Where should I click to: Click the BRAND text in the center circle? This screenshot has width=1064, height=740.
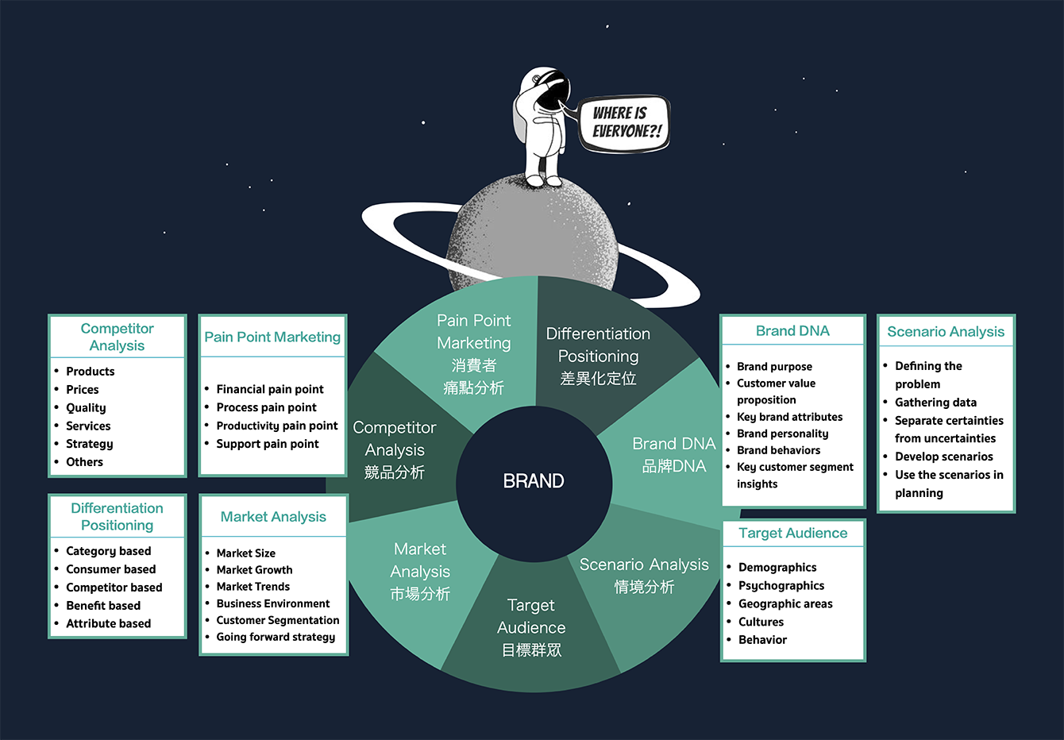[534, 481]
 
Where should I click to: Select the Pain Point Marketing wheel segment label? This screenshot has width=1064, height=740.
[474, 353]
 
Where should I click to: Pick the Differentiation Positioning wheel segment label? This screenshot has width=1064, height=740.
[598, 356]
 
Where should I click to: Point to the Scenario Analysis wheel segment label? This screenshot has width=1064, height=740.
[644, 575]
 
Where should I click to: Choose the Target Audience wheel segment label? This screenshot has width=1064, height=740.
[531, 627]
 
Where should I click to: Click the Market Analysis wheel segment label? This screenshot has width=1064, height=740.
[420, 571]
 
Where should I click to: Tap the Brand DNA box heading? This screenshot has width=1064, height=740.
[792, 331]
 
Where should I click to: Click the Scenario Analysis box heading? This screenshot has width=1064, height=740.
[946, 332]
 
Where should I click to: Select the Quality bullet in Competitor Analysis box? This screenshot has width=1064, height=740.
[86, 408]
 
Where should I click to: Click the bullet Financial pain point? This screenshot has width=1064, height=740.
[270, 389]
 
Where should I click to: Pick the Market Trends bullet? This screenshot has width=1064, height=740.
[253, 587]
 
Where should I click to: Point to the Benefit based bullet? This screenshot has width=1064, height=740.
[103, 606]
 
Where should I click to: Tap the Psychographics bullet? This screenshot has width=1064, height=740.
[781, 586]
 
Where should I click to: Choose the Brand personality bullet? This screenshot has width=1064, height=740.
[782, 434]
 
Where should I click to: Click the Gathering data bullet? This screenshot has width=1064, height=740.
[935, 403]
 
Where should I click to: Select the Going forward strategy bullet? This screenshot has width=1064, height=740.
[276, 637]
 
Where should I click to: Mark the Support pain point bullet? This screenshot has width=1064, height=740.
[268, 444]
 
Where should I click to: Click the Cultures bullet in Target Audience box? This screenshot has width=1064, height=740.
[761, 622]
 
